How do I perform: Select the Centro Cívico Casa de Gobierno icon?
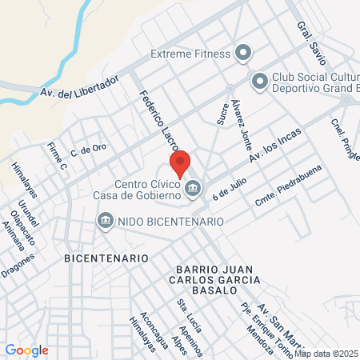tap(193, 189)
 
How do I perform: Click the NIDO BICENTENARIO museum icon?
tap(105, 220)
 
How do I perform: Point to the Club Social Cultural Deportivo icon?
tap(259, 81)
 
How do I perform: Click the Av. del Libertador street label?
tap(79, 90)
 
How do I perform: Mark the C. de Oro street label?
tap(88, 149)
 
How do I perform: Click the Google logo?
tap(26, 350)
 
